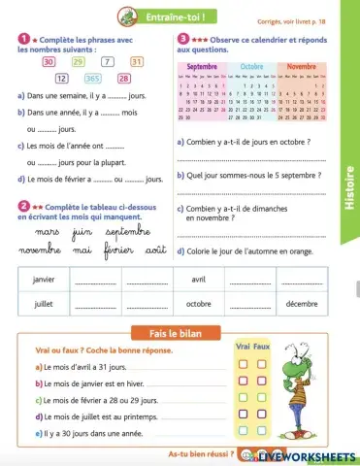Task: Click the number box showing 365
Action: point(93,79)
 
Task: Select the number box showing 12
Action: point(61,79)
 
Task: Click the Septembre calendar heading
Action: point(202,66)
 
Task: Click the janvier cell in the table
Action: point(44,280)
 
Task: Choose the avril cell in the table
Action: point(199,280)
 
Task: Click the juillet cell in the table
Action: point(44,303)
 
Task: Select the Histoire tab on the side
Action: point(351,190)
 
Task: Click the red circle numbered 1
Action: point(22,37)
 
